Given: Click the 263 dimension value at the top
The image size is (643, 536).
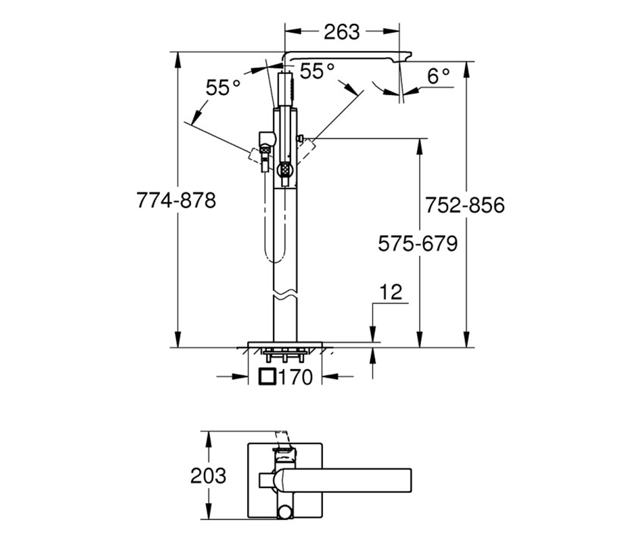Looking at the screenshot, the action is [341, 32].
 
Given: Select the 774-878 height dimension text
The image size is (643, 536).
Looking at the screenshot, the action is [176, 200].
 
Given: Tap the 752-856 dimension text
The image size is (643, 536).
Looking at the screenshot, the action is [465, 205].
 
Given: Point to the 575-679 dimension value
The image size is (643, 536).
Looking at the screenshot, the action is [418, 243].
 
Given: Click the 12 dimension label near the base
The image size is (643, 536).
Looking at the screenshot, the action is [391, 292].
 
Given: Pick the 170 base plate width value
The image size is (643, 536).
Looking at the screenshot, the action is [295, 377].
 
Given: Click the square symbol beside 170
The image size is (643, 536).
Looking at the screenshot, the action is [267, 376].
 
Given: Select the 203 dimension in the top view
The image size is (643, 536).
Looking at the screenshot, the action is [208, 475].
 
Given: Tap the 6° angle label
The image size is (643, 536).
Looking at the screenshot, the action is [438, 76].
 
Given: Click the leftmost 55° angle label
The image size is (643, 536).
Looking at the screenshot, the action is [223, 87].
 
